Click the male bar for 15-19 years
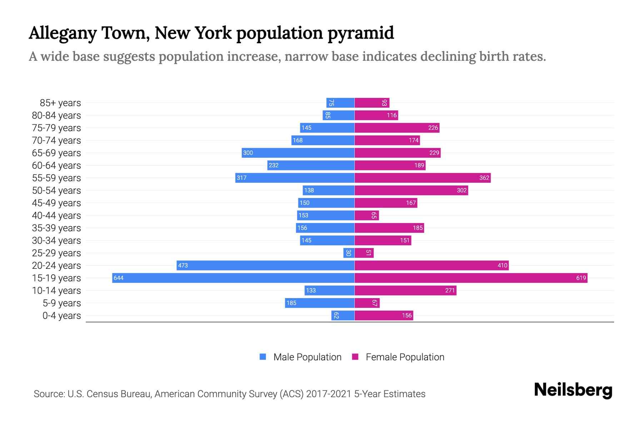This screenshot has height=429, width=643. tap(233, 278)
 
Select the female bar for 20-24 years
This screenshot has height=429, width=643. tap(432, 265)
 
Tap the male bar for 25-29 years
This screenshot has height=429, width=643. tap(349, 253)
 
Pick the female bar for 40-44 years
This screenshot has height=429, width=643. tap(367, 215)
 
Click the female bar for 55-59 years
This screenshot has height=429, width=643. tap(423, 178)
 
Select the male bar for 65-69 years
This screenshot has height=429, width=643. tap(298, 153)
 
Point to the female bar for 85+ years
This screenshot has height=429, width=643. tap(372, 103)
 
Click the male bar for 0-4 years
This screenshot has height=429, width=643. tap(343, 315)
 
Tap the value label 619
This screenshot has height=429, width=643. tap(581, 278)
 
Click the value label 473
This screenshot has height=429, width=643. tap(183, 265)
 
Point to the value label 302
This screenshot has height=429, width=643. tap(462, 190)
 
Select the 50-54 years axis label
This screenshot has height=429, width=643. tap(56, 190)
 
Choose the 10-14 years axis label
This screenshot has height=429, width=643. tap(56, 290)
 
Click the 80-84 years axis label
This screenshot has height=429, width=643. tap(56, 115)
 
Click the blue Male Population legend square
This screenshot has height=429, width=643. tap(263, 357)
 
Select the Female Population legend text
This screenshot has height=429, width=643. tap(405, 357)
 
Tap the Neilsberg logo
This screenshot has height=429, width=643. tap(573, 390)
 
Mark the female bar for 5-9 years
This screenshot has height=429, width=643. tap(367, 303)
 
